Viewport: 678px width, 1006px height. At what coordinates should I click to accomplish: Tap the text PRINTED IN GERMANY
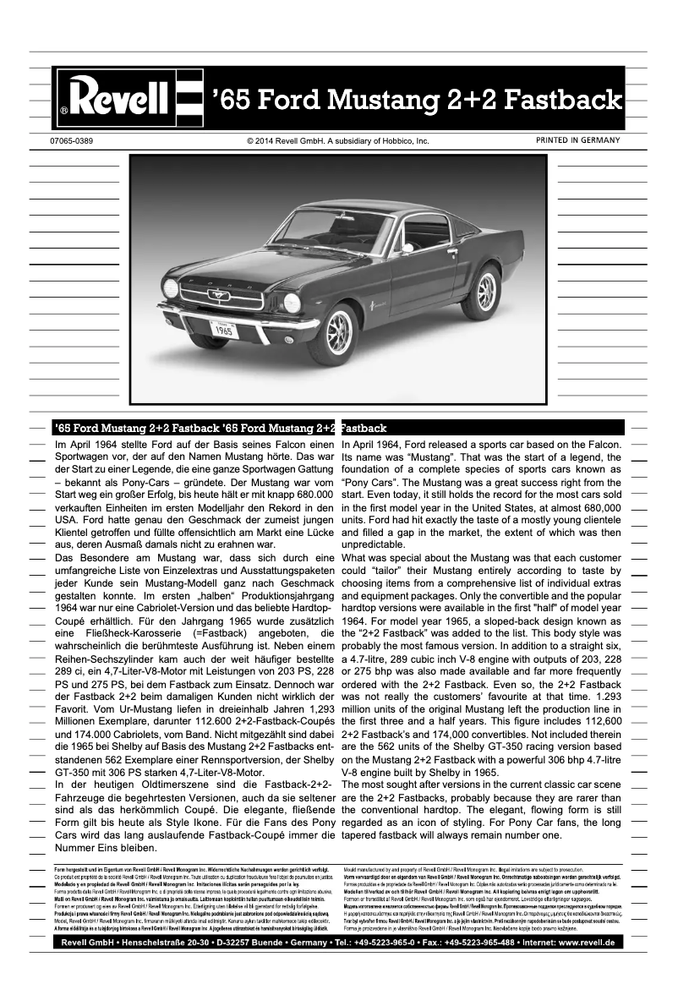point(577,140)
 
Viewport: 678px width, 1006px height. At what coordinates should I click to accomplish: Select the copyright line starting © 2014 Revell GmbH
point(338,141)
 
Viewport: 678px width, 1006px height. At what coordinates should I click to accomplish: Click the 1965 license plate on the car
point(222,331)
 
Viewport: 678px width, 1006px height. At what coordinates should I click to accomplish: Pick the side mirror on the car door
point(407,248)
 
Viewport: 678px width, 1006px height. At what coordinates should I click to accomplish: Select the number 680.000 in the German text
point(308,494)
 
